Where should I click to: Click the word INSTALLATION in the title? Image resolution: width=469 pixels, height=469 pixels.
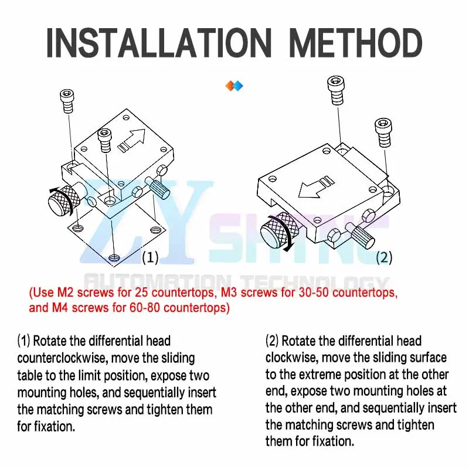[158, 43]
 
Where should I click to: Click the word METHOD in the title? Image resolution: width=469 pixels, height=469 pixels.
[356, 43]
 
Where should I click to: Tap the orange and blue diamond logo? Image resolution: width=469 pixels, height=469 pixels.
[234, 86]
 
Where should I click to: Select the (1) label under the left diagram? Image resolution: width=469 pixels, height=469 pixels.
[150, 257]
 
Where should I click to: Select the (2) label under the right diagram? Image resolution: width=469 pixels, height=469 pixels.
[384, 257]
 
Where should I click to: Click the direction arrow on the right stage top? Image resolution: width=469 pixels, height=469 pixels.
[317, 187]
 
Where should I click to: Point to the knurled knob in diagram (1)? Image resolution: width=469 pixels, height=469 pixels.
[64, 199]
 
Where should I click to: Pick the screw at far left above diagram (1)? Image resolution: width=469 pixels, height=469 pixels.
[67, 101]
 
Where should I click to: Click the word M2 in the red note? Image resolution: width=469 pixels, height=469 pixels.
[65, 292]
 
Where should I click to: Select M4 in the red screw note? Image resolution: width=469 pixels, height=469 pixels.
[60, 307]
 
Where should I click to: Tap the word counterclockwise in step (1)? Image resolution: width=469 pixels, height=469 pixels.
[62, 358]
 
